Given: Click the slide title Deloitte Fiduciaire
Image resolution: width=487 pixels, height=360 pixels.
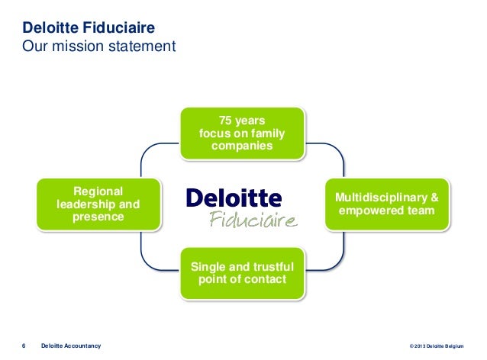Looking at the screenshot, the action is click(89, 29).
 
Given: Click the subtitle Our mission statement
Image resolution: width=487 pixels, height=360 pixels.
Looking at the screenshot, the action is click(99, 47).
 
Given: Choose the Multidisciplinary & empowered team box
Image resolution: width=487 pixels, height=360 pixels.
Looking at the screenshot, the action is click(386, 204).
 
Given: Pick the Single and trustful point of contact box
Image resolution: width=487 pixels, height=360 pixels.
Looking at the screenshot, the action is click(242, 272).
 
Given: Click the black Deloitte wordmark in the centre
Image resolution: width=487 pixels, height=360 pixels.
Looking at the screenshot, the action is click(234, 198).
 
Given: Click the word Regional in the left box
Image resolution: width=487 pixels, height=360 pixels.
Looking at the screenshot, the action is click(98, 191).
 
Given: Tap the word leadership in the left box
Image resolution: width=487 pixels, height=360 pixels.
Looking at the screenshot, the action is click(86, 204).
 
